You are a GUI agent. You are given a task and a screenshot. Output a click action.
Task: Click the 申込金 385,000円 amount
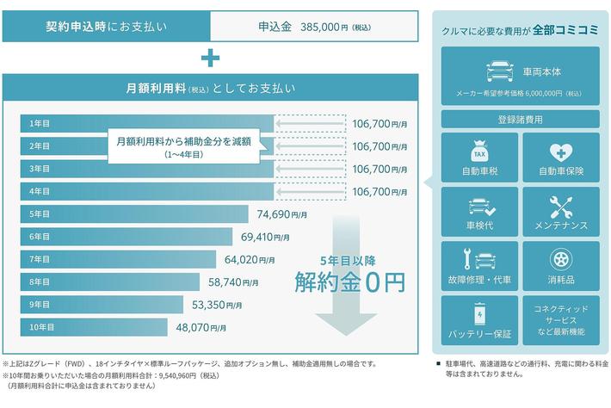(x=314, y=26)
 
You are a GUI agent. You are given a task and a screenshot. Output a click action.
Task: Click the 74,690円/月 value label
(x=282, y=213)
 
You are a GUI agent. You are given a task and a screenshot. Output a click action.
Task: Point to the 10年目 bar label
(x=41, y=327)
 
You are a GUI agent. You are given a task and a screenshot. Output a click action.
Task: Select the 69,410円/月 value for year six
(x=270, y=236)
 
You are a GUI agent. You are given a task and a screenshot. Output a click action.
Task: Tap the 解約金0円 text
(x=349, y=281)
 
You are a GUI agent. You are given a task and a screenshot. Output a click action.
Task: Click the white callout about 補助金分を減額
(x=184, y=146)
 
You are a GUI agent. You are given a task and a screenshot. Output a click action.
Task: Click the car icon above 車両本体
(x=496, y=68)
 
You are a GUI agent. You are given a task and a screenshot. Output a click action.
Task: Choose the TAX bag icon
(x=480, y=152)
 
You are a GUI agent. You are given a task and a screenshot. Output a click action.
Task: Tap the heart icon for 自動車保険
(x=560, y=151)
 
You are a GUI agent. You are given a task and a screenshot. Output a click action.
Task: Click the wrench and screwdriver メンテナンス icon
(x=560, y=207)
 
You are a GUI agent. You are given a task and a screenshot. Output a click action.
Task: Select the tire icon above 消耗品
(x=560, y=260)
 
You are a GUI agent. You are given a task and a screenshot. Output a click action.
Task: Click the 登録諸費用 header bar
(x=520, y=120)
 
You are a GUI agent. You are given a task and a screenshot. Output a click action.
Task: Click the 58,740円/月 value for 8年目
(x=248, y=281)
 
